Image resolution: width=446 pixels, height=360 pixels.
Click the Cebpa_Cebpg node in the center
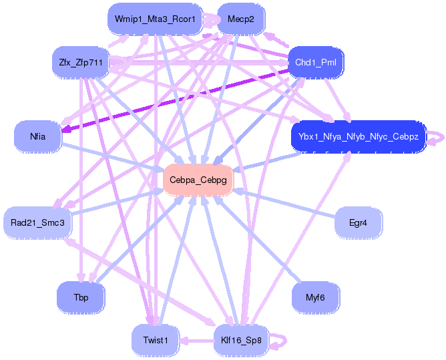point(198,180)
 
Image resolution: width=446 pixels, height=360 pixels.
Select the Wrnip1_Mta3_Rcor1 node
point(154,19)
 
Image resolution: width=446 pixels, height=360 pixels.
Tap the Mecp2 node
point(240,19)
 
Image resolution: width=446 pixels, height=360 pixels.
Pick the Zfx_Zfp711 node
point(80,63)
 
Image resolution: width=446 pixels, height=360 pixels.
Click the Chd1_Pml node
point(316,63)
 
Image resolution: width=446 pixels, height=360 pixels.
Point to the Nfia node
point(37,136)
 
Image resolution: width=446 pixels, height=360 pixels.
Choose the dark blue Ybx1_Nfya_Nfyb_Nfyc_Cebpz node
point(358,136)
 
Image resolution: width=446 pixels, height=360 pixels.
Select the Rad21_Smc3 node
point(37,222)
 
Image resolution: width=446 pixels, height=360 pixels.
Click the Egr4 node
point(358,222)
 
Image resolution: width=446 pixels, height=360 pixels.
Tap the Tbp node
point(80,297)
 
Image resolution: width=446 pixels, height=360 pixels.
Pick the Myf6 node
point(316,297)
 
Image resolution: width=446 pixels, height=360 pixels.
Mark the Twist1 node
point(155,340)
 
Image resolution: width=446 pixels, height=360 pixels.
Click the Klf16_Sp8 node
point(240,340)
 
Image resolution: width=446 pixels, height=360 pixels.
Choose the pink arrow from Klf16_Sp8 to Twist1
point(197,340)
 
